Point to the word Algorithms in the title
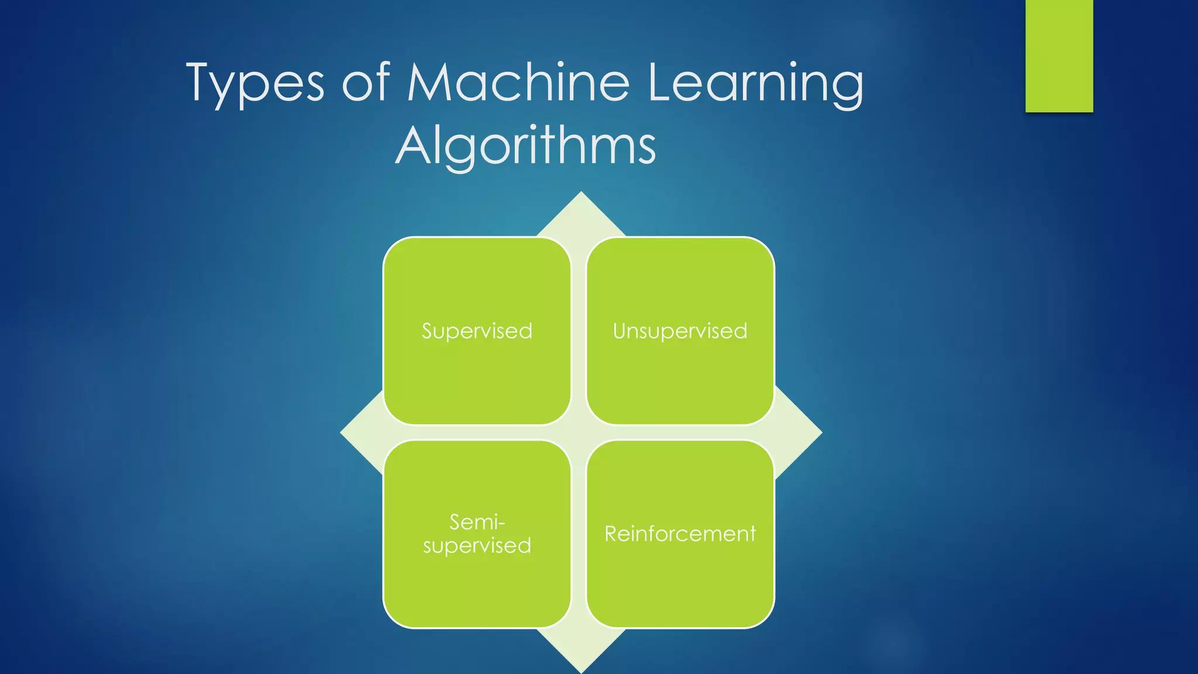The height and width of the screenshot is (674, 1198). click(525, 146)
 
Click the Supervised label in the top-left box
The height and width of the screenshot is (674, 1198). click(477, 331)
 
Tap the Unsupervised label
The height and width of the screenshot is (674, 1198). click(680, 331)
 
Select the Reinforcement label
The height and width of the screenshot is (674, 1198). click(680, 534)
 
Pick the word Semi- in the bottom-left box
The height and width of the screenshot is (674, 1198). click(477, 521)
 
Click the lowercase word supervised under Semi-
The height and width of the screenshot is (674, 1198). click(477, 546)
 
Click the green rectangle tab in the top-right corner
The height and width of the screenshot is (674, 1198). click(1059, 56)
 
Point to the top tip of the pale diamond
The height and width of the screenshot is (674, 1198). click(581, 196)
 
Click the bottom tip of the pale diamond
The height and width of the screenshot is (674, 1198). click(581, 668)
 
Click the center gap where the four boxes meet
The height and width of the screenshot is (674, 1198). click(579, 432)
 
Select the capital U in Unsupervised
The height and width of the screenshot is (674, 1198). click(619, 331)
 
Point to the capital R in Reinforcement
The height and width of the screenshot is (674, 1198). click(611, 534)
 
